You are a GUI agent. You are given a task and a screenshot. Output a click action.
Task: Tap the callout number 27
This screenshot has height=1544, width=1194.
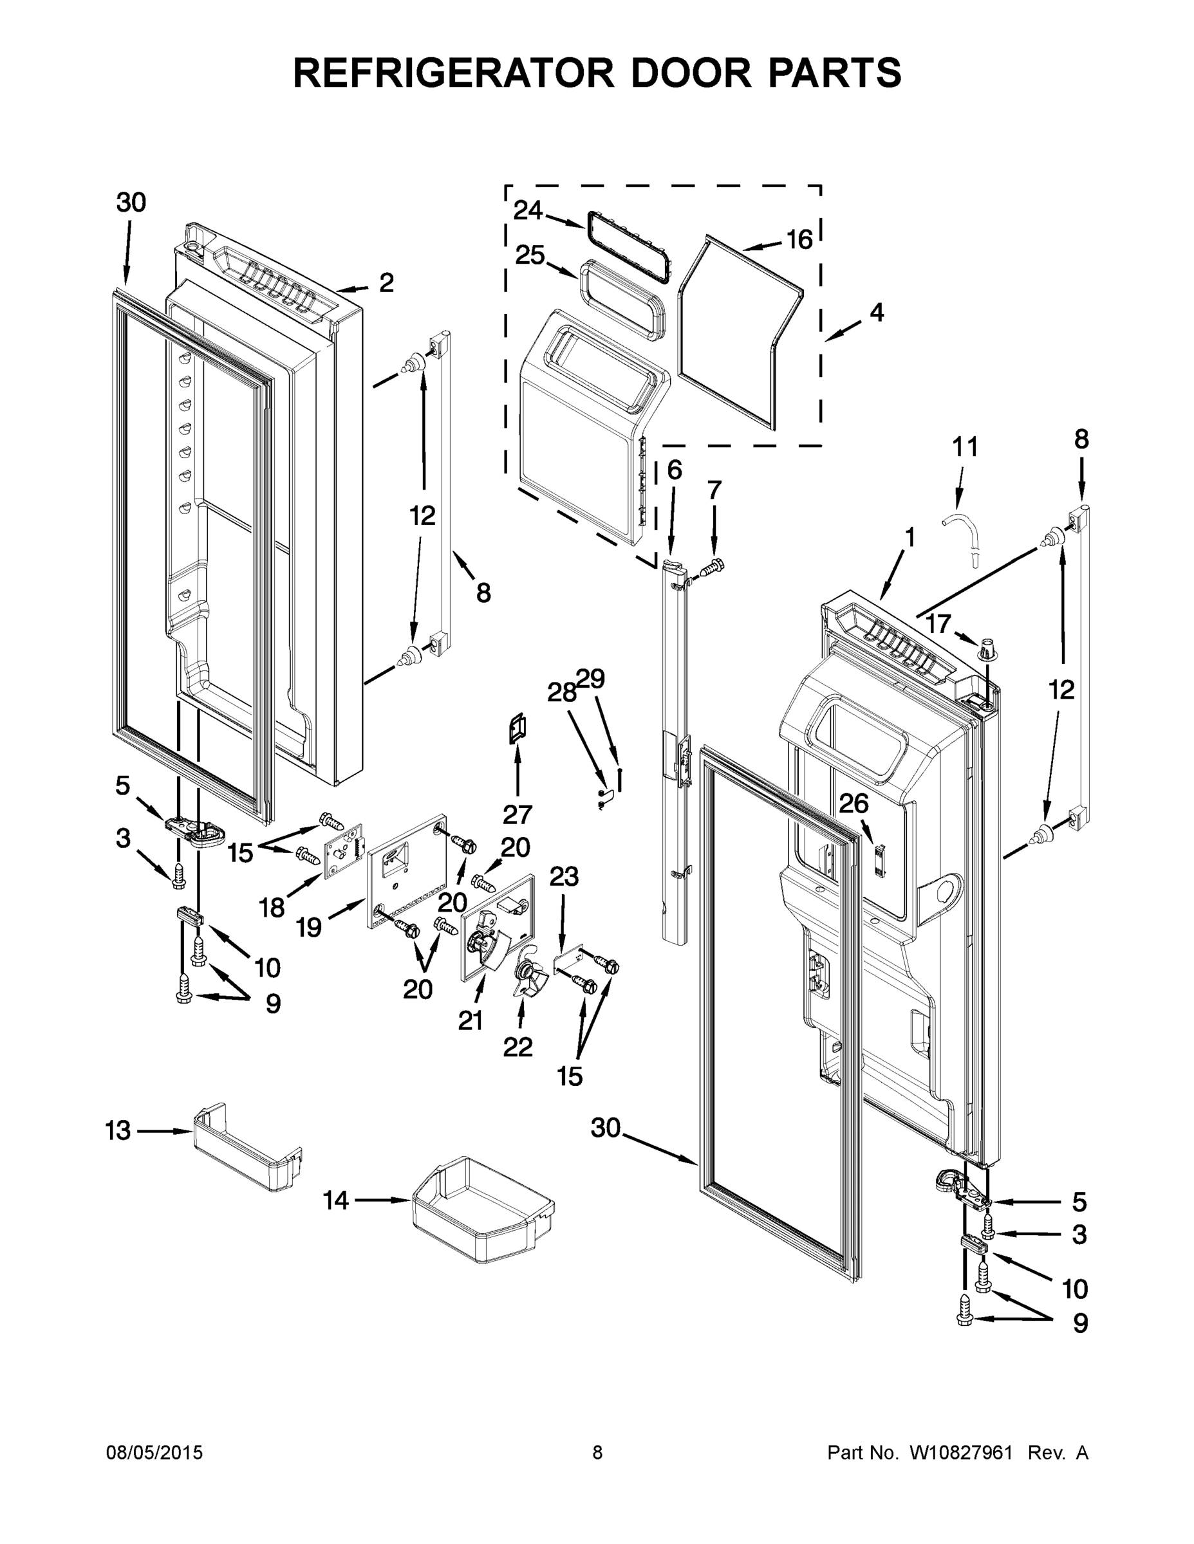(x=517, y=814)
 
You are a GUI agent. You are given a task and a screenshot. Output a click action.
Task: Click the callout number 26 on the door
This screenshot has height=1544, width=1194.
(x=853, y=803)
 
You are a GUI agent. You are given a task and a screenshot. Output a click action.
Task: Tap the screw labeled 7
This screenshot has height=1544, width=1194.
(x=713, y=565)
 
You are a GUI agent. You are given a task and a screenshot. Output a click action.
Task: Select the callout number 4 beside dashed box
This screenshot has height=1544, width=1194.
(x=877, y=312)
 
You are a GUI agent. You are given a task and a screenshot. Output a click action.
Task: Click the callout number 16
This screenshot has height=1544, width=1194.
(x=799, y=241)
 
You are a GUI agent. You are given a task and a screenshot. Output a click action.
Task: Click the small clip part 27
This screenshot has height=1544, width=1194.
(x=518, y=729)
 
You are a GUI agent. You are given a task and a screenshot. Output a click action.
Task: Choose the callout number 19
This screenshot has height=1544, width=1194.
(x=309, y=927)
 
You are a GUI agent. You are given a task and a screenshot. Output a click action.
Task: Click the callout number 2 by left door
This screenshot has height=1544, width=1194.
(x=386, y=283)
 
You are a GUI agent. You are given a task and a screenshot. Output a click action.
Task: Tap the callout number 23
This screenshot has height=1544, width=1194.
(x=564, y=877)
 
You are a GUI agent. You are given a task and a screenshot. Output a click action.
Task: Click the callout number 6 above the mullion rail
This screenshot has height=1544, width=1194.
(x=674, y=470)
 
